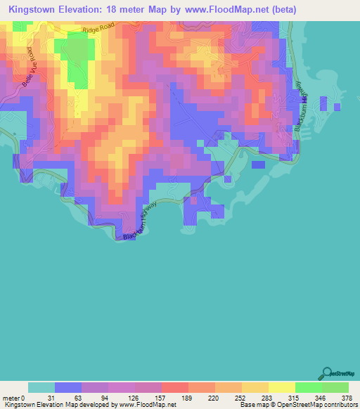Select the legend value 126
click(134, 398)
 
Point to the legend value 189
click(188, 398)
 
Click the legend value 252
click(242, 398)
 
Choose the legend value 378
click(348, 398)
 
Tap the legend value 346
click(321, 398)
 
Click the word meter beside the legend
click(11, 398)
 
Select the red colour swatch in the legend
click(174, 387)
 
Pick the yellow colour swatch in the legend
click(281, 387)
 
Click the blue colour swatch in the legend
click(67, 387)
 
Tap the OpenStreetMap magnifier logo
click(328, 372)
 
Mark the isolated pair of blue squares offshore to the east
click(328, 105)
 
